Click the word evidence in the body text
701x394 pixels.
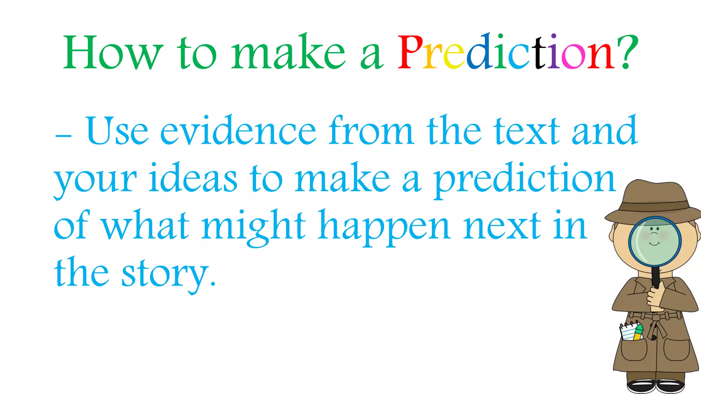(x=238, y=131)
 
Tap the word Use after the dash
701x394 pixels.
(x=117, y=131)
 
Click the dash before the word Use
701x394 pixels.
(x=63, y=136)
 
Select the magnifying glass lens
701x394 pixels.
(x=654, y=241)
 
